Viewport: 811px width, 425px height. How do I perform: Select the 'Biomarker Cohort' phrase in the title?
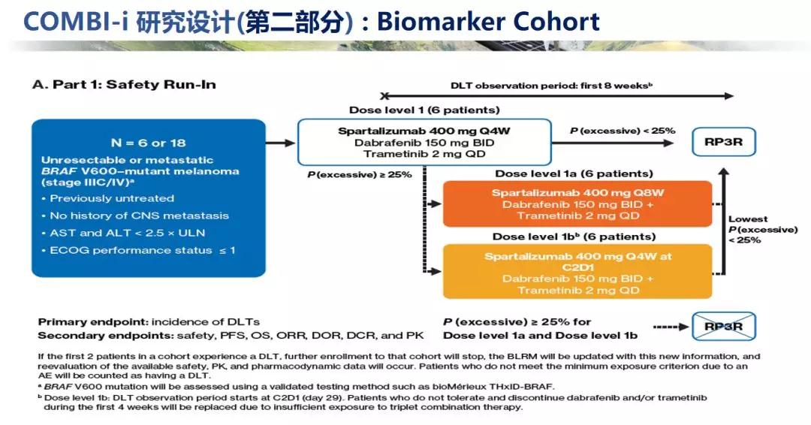click(488, 21)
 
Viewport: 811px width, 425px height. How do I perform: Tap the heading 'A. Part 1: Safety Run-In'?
click(124, 84)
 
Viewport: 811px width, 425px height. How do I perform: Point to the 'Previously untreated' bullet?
click(111, 198)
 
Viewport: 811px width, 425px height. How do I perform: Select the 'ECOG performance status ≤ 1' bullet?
click(142, 250)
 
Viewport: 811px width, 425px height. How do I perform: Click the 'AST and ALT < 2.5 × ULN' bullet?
click(129, 233)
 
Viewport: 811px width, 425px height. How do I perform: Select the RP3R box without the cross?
click(724, 141)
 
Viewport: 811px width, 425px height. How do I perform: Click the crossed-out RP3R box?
click(724, 326)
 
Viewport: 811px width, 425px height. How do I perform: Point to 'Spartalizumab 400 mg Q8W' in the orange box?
click(577, 193)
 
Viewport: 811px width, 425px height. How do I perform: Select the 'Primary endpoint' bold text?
click(83, 321)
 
